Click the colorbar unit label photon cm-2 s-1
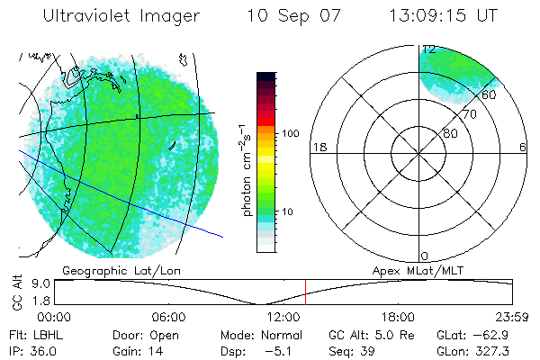tap(245, 167)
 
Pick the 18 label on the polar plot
tap(318, 147)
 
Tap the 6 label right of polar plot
tap(523, 147)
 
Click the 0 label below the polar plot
tap(424, 256)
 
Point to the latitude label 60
tap(490, 94)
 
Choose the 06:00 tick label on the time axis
tap(168, 317)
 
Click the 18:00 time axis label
tap(398, 317)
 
